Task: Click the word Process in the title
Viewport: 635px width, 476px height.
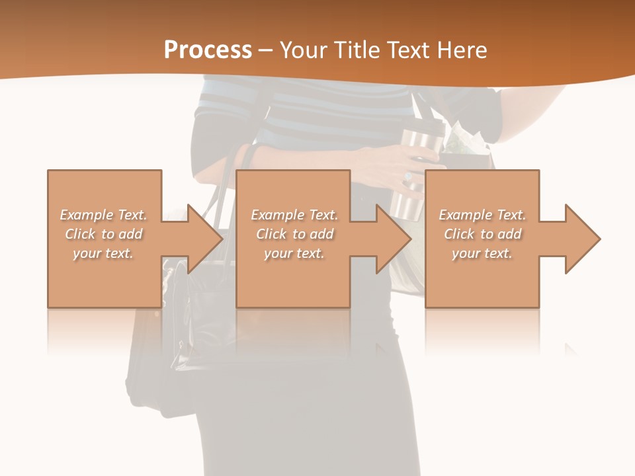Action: click(208, 50)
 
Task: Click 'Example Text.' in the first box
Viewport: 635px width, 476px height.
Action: click(103, 215)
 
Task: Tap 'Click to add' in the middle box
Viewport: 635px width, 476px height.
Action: click(294, 234)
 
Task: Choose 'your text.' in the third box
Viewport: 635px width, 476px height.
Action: click(482, 253)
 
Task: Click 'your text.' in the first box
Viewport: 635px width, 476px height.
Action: click(103, 253)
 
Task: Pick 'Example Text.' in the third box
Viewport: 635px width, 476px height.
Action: click(482, 215)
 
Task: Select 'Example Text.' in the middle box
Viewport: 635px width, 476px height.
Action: click(294, 215)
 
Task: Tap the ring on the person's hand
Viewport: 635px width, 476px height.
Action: click(407, 178)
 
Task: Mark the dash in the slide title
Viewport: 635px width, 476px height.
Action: click(265, 50)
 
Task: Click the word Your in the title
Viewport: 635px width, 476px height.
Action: click(301, 50)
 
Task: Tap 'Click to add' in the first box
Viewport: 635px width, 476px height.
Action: click(103, 234)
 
